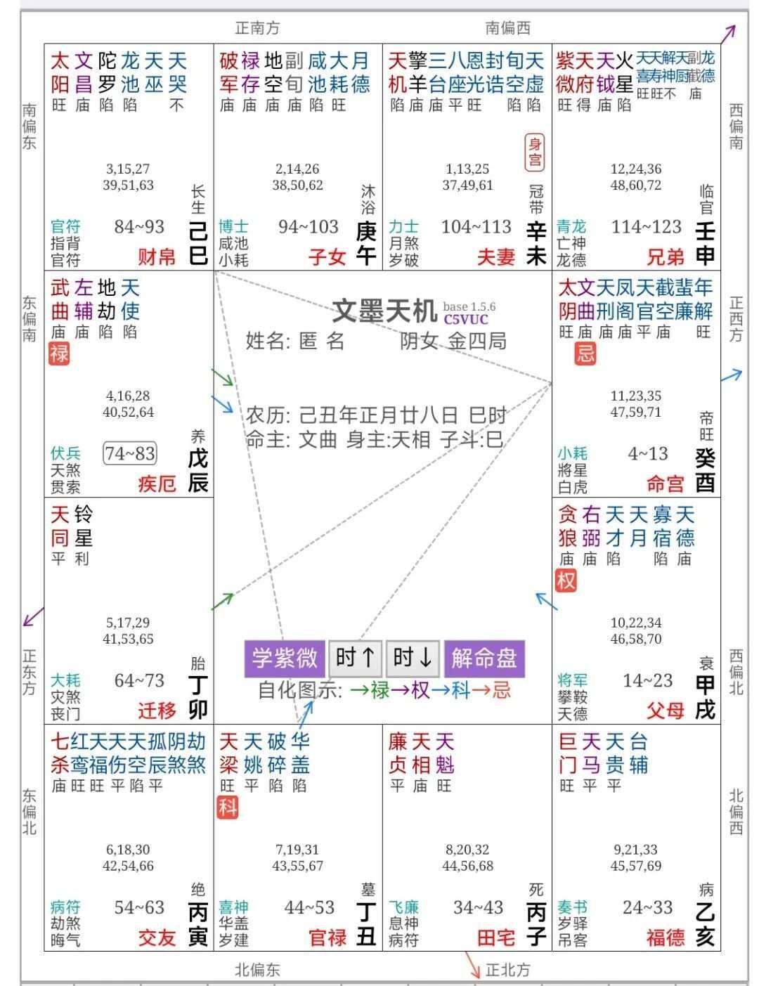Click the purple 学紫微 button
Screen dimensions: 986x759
point(285,658)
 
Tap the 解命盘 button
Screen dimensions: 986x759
point(484,658)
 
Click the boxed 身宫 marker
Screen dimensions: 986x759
point(535,153)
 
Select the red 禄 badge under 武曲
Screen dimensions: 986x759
point(59,353)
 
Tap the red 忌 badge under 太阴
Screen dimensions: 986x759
point(585,353)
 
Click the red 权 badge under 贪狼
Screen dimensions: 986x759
point(566,580)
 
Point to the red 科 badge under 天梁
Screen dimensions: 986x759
point(228,807)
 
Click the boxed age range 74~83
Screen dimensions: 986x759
point(130,453)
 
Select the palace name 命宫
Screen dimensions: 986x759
point(665,484)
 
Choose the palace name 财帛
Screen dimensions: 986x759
point(157,257)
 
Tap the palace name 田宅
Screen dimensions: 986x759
point(496,938)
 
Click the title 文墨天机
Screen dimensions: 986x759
point(384,310)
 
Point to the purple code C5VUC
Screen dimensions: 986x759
point(465,319)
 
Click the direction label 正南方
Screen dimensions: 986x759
point(257,28)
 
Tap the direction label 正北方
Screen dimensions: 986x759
point(507,970)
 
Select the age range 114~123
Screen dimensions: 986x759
point(646,227)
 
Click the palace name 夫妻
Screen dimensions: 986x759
point(496,257)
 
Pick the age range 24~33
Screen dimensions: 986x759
point(647,907)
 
